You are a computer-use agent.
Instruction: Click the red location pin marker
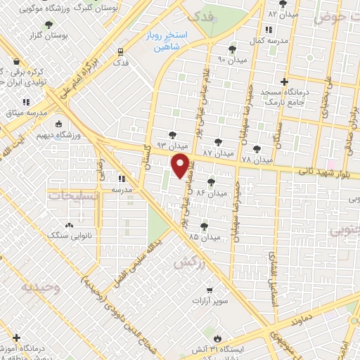coord(181,167)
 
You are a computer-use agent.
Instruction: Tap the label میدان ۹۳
coord(170,145)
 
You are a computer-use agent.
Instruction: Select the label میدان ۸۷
coord(217,153)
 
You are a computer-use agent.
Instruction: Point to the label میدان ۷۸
coord(256,160)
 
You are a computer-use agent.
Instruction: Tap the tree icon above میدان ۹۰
coord(232,50)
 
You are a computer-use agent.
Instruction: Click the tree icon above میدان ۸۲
coord(282,4)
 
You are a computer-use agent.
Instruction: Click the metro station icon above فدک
coord(121,51)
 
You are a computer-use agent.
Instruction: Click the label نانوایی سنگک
coord(69,236)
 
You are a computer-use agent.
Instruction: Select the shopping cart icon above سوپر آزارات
coord(209,290)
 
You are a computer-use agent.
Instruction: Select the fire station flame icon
coord(217,337)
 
